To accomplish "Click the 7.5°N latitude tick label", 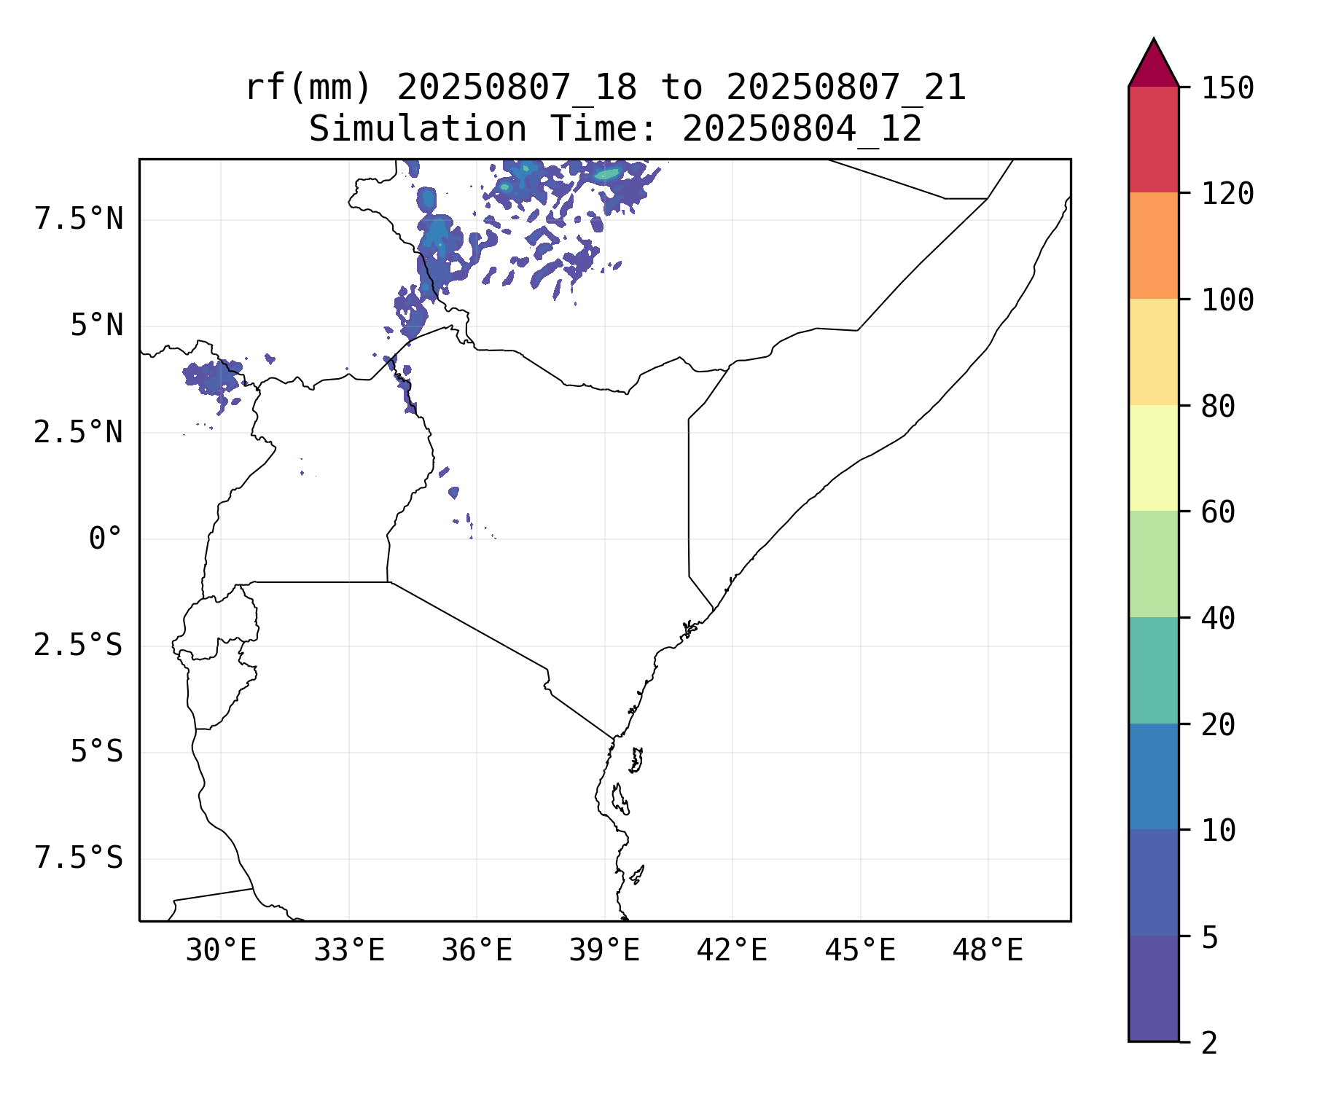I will click(x=79, y=219).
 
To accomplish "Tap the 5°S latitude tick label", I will click(x=96, y=752).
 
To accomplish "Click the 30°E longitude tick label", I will click(x=221, y=951).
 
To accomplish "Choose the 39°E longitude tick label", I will click(x=604, y=951).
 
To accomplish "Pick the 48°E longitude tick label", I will click(x=988, y=951).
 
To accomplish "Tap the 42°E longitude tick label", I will click(x=732, y=951).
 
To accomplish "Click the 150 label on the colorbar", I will click(x=1227, y=89).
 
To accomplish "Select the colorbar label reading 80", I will click(x=1218, y=407).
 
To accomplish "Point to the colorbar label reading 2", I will click(x=1209, y=1043).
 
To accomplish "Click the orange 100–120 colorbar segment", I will click(x=1153, y=246).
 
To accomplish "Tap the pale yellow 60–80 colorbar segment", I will click(x=1153, y=458).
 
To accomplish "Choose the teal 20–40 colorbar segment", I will click(x=1153, y=670).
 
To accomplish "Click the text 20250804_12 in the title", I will click(x=802, y=130).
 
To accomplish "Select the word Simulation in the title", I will click(x=418, y=130).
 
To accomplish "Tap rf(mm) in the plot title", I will click(x=308, y=88).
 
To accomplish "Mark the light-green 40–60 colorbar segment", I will click(x=1153, y=564).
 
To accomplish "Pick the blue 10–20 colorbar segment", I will click(x=1153, y=776).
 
